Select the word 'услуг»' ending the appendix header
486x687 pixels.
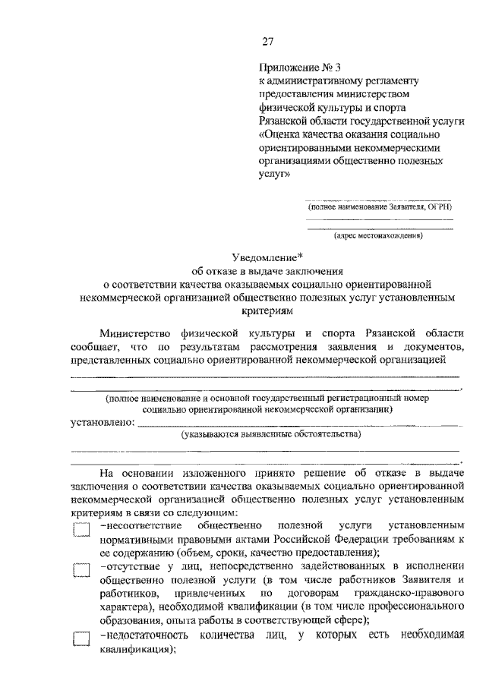274,175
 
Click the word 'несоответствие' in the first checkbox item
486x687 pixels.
138,525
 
